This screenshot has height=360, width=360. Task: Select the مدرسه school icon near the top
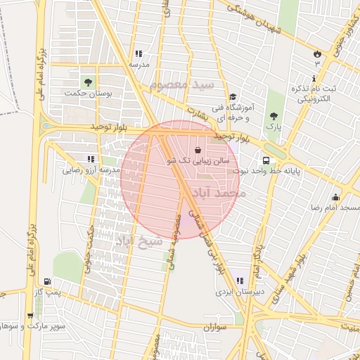[139, 53]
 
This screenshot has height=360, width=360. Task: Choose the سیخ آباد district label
[139, 241]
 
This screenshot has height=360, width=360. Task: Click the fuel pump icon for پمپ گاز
[47, 281]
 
